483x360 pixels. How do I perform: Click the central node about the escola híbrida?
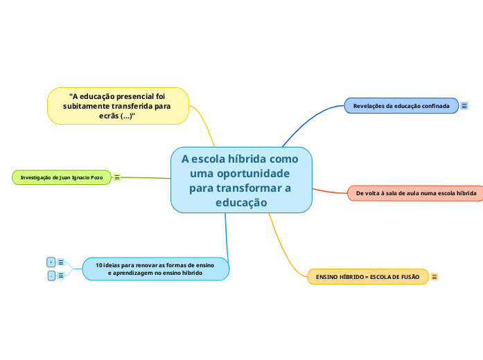click(x=241, y=179)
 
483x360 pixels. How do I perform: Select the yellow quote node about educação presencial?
click(x=118, y=106)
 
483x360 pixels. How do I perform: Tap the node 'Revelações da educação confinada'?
click(x=401, y=105)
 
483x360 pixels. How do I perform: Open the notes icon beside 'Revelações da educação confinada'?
click(x=464, y=105)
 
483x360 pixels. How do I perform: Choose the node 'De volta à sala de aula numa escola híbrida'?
click(x=416, y=193)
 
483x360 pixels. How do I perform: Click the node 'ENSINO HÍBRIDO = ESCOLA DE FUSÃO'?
click(x=367, y=277)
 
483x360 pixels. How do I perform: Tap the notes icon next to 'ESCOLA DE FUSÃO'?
click(x=434, y=277)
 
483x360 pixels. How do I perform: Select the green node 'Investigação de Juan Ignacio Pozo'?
click(x=62, y=177)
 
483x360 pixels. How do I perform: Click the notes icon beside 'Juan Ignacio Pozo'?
click(x=116, y=177)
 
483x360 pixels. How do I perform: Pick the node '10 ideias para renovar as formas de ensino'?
click(x=155, y=269)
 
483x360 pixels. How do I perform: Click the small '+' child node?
click(x=51, y=262)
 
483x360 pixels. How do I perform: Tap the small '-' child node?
click(x=51, y=276)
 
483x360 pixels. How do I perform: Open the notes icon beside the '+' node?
click(x=61, y=262)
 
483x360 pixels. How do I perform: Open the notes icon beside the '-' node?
click(x=61, y=276)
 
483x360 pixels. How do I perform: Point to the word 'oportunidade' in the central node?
click(x=250, y=172)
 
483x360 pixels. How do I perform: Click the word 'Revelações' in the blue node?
click(x=369, y=106)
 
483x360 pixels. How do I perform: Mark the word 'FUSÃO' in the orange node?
click(x=410, y=277)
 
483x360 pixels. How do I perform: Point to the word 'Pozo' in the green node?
click(x=96, y=178)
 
